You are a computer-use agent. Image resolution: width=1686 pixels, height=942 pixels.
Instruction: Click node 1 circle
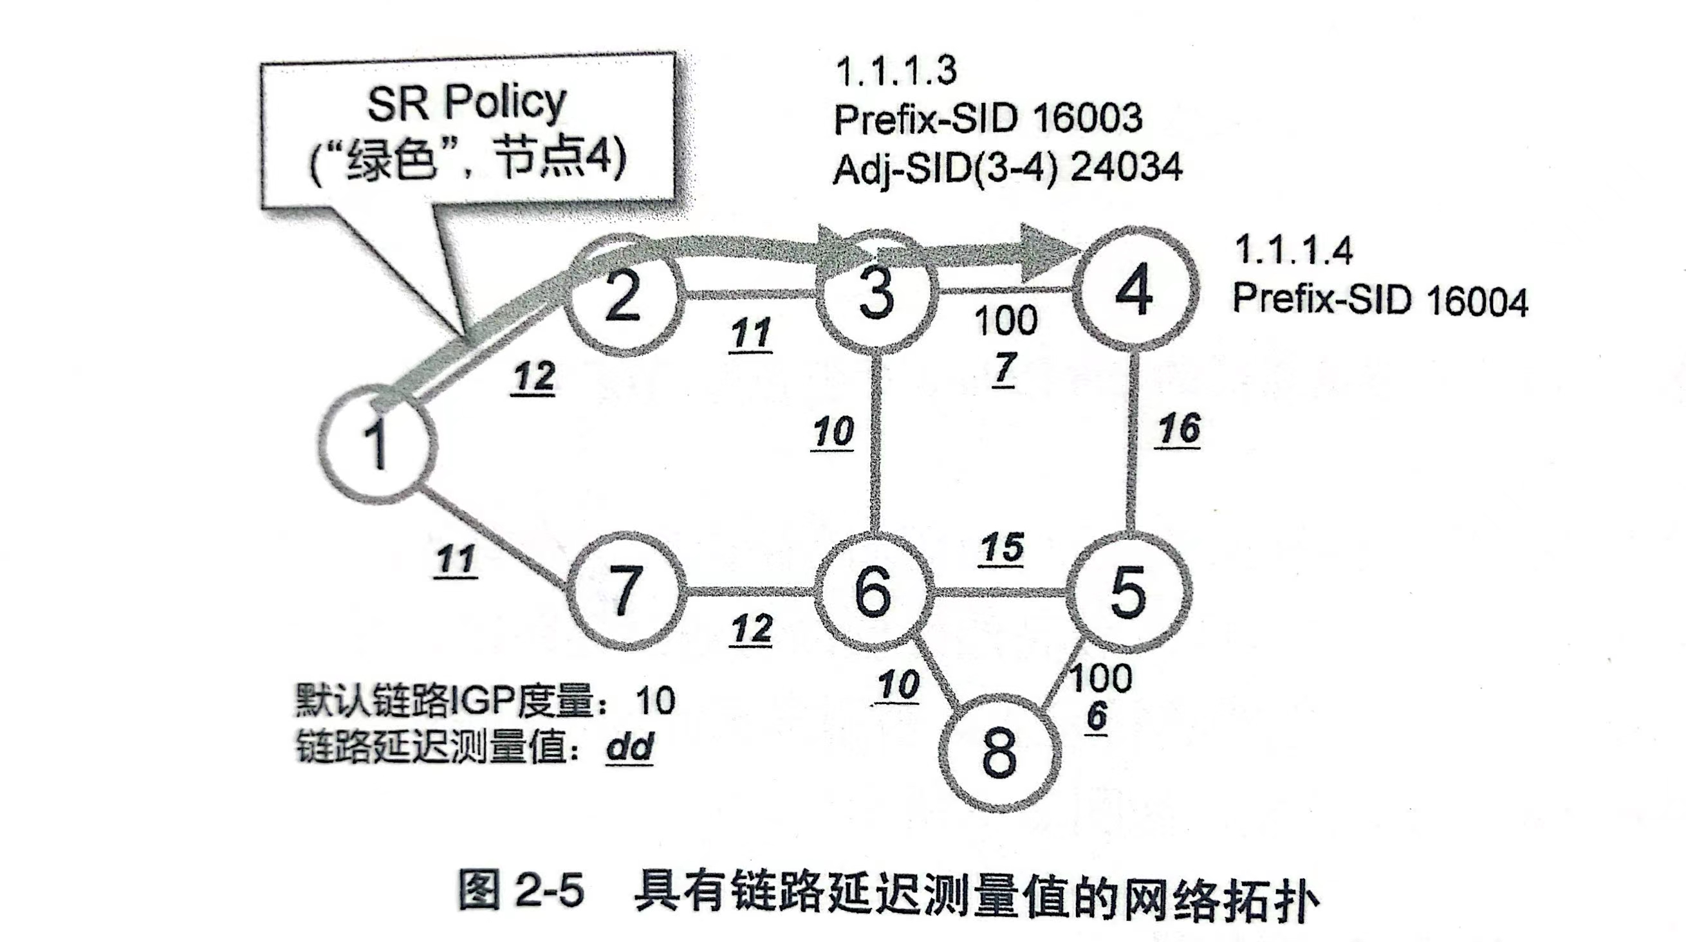pyautogui.click(x=378, y=445)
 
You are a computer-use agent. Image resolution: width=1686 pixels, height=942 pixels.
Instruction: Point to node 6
pyautogui.click(x=873, y=591)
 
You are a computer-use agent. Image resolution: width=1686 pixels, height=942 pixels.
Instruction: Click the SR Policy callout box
pyautogui.click(x=467, y=131)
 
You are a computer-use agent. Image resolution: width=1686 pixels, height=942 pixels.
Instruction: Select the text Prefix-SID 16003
pyautogui.click(x=987, y=118)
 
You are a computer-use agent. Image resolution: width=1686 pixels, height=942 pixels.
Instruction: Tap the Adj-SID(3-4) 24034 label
pyautogui.click(x=1006, y=168)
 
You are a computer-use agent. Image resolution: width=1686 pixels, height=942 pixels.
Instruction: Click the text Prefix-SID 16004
pyautogui.click(x=1380, y=300)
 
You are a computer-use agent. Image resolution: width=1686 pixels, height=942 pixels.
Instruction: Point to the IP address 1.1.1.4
pyautogui.click(x=1293, y=250)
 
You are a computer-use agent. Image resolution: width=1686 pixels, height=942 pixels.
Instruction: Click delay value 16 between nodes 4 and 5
pyautogui.click(x=1179, y=430)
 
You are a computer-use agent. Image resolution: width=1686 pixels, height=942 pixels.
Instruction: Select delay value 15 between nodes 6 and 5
pyautogui.click(x=1002, y=548)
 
